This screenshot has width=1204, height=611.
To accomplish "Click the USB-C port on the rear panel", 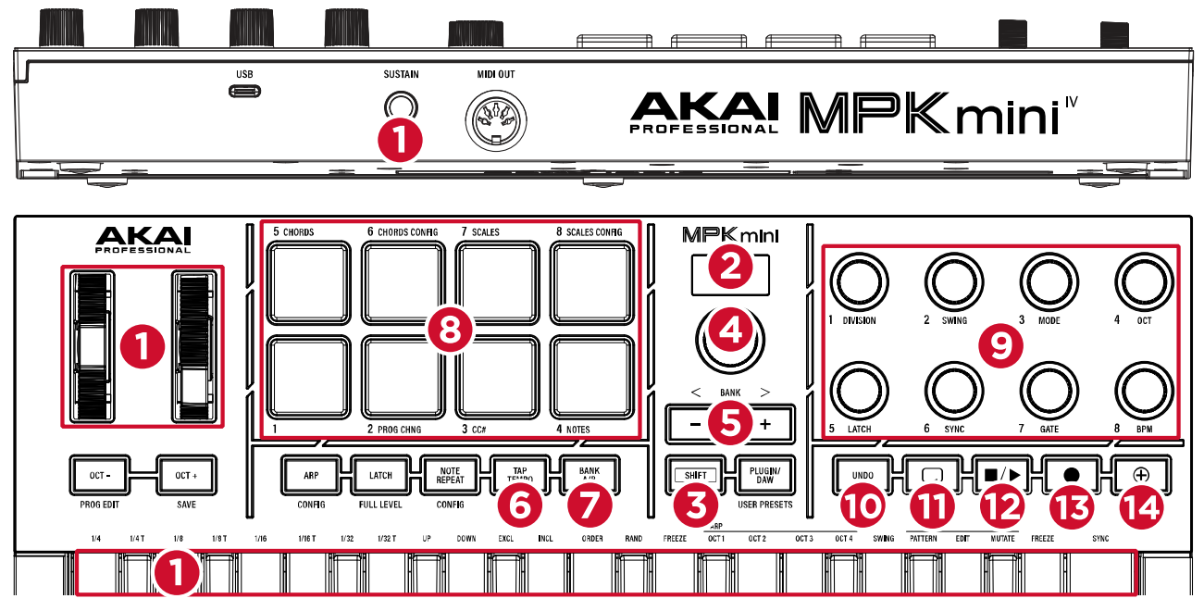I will click(x=245, y=91).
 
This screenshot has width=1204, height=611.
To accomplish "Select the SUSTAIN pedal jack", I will click(x=400, y=103).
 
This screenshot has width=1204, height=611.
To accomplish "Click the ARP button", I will click(x=310, y=475).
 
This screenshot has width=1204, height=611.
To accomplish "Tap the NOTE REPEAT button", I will click(x=450, y=475).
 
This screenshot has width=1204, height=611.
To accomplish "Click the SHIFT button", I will click(x=697, y=475).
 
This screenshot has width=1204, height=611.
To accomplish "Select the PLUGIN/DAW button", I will click(x=766, y=475).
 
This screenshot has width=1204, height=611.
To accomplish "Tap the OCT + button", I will click(x=185, y=475).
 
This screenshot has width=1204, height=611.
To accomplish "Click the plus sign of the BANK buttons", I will click(x=765, y=423).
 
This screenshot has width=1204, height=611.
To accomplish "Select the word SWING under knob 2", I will click(x=953, y=320).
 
